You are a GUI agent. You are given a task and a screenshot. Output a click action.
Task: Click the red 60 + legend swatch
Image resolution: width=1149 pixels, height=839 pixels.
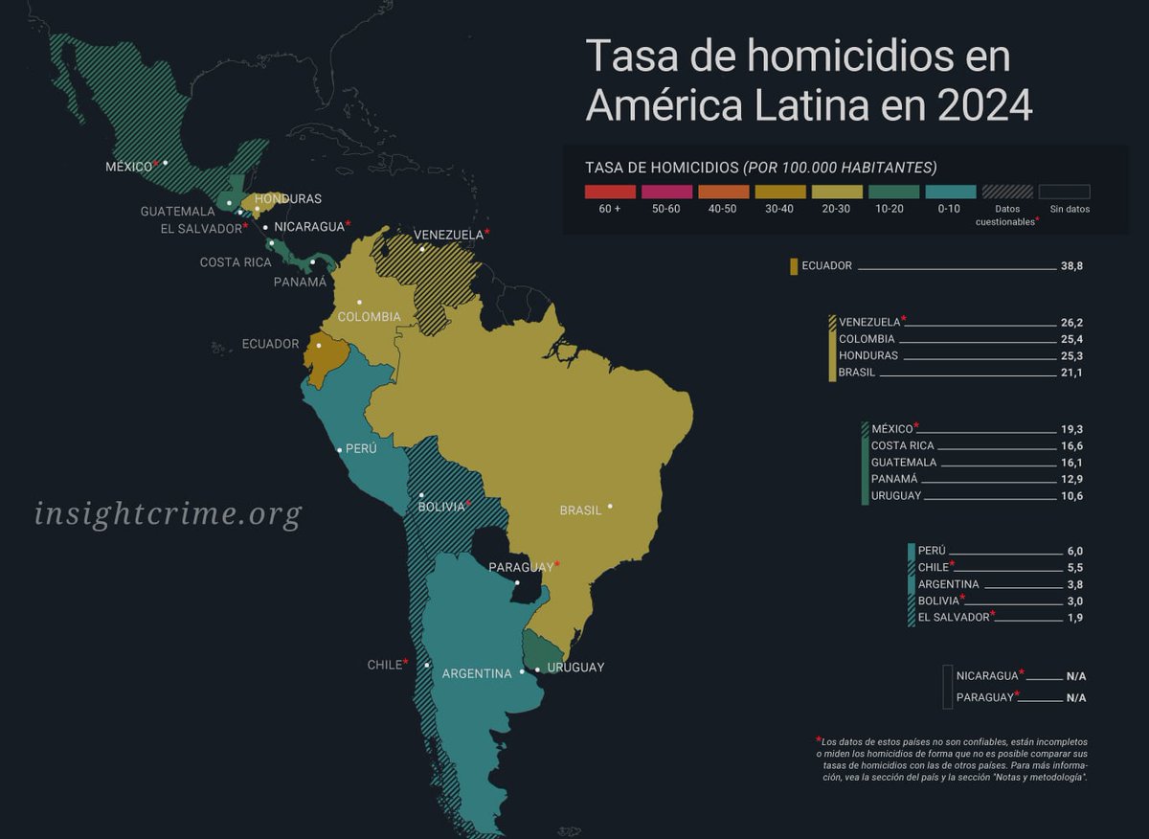pos(610,192)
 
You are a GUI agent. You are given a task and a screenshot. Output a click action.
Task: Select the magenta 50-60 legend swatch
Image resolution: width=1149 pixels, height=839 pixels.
pos(666,192)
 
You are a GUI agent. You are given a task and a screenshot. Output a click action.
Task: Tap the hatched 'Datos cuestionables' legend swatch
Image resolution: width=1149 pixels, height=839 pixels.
pos(1005,192)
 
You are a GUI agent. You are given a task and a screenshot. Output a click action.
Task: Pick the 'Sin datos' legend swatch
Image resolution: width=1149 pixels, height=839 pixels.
pos(1065,192)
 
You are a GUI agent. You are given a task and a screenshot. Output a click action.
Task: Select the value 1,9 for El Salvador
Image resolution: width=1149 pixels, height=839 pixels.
pos(1073,618)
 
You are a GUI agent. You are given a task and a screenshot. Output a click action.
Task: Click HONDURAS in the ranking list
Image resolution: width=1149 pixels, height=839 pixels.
pos(868,355)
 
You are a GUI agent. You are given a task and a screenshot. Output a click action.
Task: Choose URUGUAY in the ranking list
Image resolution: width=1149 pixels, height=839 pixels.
pos(896,495)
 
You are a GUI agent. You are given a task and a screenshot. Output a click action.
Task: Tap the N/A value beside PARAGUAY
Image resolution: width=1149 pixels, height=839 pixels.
pos(1076,697)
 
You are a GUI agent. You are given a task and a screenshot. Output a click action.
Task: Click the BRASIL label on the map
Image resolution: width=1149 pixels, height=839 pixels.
pos(581,510)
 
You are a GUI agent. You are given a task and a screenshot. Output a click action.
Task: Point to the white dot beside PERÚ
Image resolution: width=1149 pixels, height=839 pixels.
pos(339,449)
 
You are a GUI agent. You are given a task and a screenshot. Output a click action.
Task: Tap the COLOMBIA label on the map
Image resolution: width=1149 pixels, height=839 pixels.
pos(370,316)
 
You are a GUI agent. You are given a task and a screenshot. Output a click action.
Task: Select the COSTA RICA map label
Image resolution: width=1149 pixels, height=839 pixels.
pos(236,261)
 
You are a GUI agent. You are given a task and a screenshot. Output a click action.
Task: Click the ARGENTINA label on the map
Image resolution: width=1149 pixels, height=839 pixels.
pos(477,673)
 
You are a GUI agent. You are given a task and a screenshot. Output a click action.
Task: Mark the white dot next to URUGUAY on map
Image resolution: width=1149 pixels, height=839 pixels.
pos(537,669)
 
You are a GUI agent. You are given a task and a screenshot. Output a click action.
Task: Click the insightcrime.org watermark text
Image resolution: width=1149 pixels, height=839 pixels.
pos(168,513)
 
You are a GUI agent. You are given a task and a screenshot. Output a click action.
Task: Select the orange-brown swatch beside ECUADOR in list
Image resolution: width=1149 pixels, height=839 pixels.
pos(794,266)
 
